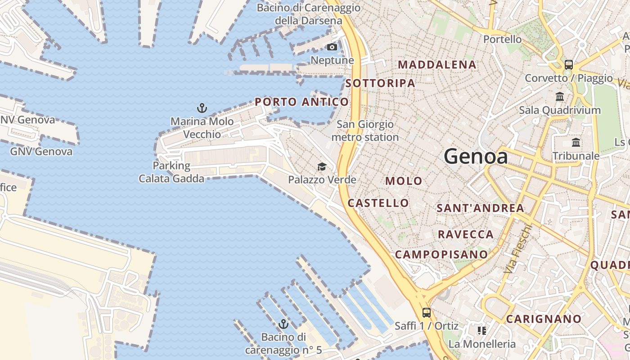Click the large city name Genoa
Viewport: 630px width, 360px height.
click(x=476, y=157)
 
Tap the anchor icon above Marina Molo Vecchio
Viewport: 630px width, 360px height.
click(x=202, y=108)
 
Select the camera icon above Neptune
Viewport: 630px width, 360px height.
click(x=332, y=47)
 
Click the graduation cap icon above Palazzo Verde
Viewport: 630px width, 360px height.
click(x=322, y=167)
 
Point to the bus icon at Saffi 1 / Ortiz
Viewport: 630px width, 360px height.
click(x=426, y=312)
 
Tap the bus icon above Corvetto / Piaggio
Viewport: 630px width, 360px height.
click(x=568, y=64)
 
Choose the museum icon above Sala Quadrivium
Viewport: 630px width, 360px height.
click(x=560, y=96)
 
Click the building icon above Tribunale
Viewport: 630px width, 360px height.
click(x=576, y=143)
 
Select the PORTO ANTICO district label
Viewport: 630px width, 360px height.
click(x=301, y=102)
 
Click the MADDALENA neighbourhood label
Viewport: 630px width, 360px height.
click(x=437, y=65)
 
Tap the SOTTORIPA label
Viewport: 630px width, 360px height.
click(x=380, y=83)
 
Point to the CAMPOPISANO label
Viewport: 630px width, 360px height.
click(x=441, y=255)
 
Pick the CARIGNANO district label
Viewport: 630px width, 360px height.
click(x=544, y=319)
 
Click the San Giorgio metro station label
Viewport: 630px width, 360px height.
click(x=365, y=130)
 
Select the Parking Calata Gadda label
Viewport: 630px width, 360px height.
click(x=171, y=172)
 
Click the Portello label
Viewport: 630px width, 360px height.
click(x=502, y=39)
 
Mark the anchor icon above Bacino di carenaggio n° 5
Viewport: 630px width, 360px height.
click(x=283, y=324)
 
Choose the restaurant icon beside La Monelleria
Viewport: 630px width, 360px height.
click(x=482, y=331)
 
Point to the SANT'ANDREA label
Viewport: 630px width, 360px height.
click(x=480, y=208)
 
